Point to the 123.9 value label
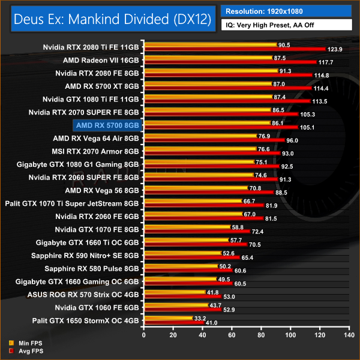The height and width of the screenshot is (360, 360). [x=335, y=49]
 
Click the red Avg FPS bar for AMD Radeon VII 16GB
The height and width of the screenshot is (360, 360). [x=230, y=62]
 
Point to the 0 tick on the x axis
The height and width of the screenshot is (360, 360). [x=143, y=336]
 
